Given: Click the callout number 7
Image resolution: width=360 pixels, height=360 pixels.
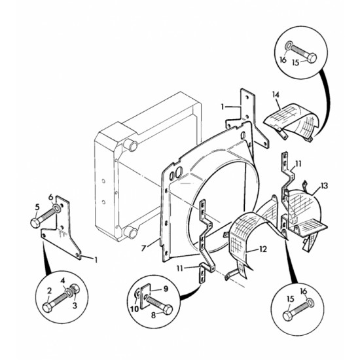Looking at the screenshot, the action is [x=144, y=248].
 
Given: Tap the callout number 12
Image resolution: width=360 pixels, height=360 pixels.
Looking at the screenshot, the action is [x=263, y=249].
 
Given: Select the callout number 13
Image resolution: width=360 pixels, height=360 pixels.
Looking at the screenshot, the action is [x=324, y=185].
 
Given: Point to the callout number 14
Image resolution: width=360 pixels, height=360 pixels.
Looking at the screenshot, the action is [x=276, y=94].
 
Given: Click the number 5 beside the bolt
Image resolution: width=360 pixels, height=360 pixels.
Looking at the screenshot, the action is [x=37, y=207].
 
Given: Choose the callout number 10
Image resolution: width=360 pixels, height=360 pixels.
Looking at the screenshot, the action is [x=135, y=309].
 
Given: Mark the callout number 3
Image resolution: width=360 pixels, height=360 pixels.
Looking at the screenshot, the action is [x=75, y=306].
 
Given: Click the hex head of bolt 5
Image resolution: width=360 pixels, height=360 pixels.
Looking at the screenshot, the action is [x=35, y=223].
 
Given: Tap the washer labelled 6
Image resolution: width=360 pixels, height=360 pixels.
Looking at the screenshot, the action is [x=57, y=208].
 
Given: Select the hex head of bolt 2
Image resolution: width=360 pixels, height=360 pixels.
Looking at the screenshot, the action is [x=48, y=307].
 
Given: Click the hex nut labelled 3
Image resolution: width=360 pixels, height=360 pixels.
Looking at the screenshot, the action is [x=75, y=289].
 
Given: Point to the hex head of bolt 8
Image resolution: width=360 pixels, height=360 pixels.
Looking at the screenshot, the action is [x=168, y=310].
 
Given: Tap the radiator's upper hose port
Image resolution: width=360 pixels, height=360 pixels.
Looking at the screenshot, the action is [x=130, y=145].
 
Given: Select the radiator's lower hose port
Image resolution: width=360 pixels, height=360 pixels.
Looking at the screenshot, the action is [x=130, y=232].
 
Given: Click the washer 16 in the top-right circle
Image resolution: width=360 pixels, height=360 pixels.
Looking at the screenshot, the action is [x=289, y=45].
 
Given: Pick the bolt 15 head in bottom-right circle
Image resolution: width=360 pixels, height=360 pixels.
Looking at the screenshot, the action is [x=288, y=315].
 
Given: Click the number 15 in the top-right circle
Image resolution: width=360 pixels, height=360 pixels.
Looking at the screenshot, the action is [x=296, y=62].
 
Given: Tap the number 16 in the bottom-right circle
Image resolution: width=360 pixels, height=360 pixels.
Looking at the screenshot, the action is [x=304, y=291].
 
